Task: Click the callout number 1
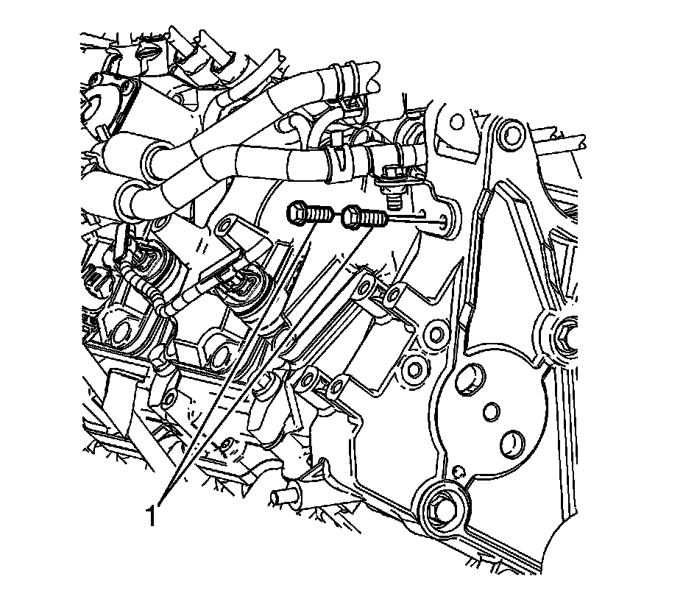tap(151, 515)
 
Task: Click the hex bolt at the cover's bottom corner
tap(442, 506)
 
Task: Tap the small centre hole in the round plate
tap(491, 411)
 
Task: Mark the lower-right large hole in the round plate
tap(512, 444)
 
